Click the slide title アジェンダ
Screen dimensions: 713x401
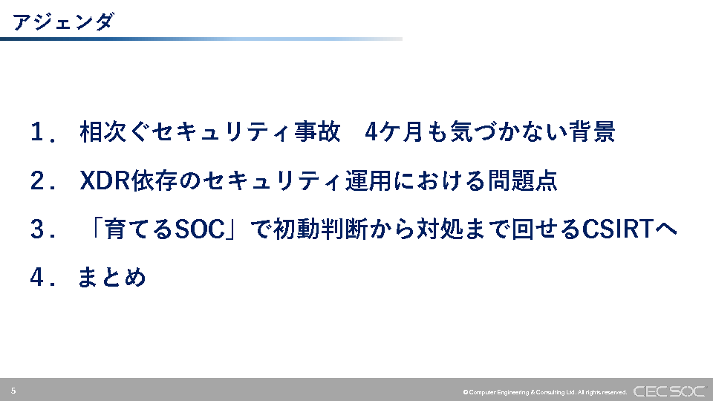point(63,22)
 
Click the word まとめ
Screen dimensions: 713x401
point(112,277)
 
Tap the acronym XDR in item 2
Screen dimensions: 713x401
point(105,180)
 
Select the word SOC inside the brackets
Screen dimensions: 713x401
point(200,229)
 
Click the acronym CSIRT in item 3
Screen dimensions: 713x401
point(617,229)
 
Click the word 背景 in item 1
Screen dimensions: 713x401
point(593,132)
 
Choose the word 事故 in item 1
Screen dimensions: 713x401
point(317,132)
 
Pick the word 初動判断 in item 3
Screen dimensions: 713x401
point(321,229)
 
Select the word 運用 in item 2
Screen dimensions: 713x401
point(368,180)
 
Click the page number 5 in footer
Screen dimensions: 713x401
point(13,391)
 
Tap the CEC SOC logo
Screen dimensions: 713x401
point(669,391)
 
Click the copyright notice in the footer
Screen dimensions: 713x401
point(544,392)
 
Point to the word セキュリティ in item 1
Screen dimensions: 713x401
point(222,132)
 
